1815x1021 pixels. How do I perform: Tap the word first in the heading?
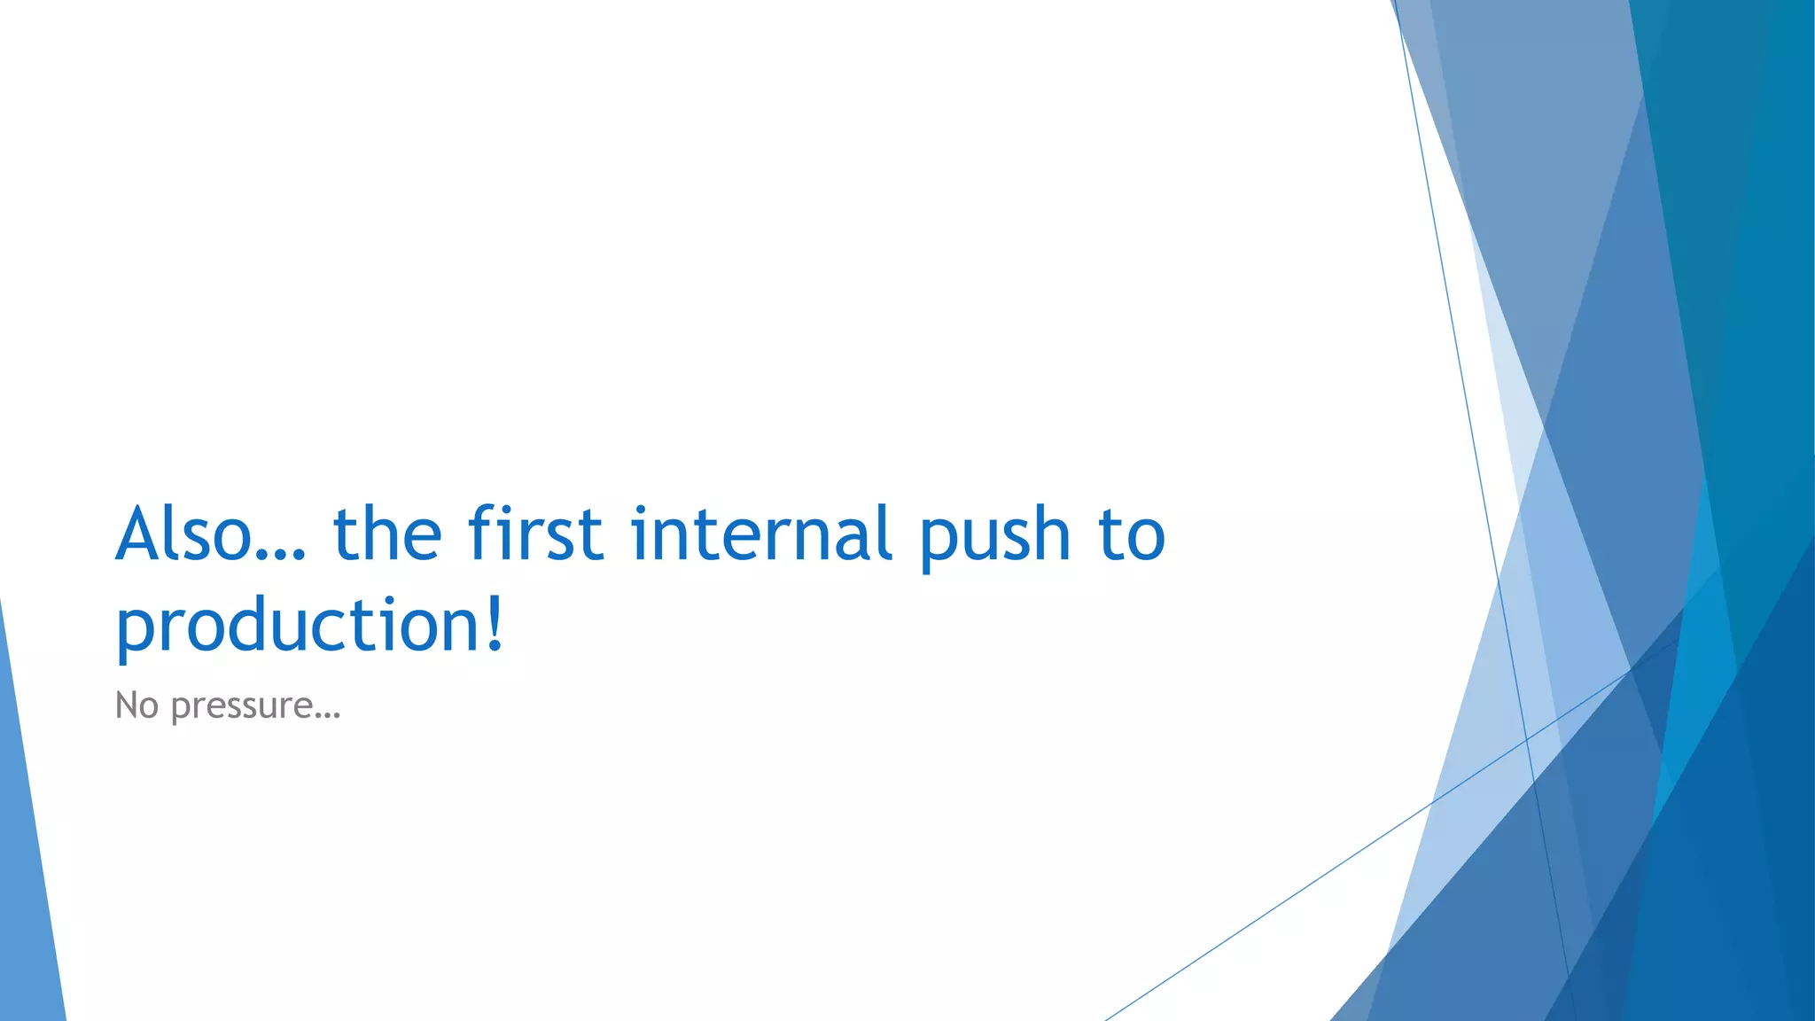(x=535, y=534)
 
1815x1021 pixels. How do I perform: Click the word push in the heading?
(x=994, y=537)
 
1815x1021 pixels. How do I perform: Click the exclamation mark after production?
(x=495, y=623)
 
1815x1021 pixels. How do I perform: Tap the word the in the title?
(x=387, y=534)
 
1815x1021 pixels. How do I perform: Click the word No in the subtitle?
(x=136, y=705)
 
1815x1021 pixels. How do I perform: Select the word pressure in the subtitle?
(x=241, y=707)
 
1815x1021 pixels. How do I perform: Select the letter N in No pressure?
(x=126, y=705)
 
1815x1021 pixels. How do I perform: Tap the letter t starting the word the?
(x=346, y=535)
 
